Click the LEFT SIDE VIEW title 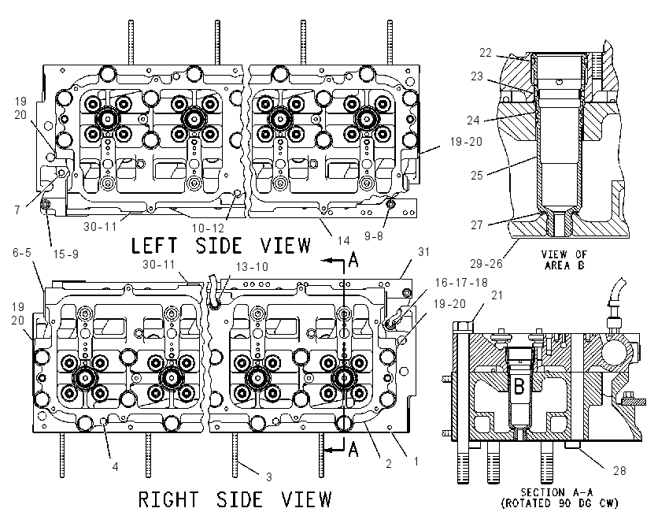(220, 246)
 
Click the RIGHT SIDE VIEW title (235, 499)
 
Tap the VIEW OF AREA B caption (564, 260)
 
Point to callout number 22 (486, 53)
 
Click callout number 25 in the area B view (477, 175)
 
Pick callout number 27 (477, 224)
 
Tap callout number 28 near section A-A (619, 470)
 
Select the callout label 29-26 (486, 263)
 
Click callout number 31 (423, 252)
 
